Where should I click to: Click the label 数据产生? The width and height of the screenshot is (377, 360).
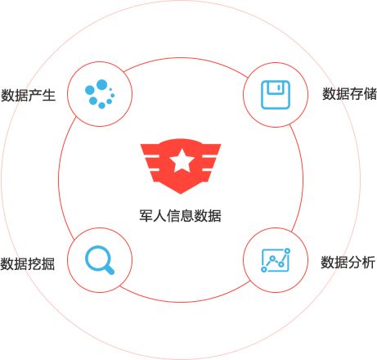(x=28, y=96)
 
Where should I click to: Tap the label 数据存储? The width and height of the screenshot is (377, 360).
(x=349, y=94)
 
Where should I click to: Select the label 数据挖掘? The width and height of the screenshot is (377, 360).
(x=28, y=263)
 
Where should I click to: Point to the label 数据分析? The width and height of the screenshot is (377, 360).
(x=348, y=263)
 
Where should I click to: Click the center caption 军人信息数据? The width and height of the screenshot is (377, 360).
(x=180, y=216)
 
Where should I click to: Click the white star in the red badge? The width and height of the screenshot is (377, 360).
(x=182, y=160)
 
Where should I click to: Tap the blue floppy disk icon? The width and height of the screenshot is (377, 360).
(x=276, y=95)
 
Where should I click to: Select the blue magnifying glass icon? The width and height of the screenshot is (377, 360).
(x=100, y=260)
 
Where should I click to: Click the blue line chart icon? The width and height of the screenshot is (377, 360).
(x=276, y=260)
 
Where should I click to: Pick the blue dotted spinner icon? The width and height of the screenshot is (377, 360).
(x=100, y=94)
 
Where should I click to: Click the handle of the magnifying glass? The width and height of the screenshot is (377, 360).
(x=109, y=269)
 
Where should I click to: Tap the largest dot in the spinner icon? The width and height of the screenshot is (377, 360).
(x=101, y=85)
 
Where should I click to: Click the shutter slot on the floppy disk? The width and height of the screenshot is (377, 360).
(x=279, y=88)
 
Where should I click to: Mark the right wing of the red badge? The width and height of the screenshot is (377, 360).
(x=210, y=162)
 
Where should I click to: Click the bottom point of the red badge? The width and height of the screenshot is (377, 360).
(x=181, y=194)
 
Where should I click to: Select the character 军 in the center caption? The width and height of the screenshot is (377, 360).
(x=146, y=216)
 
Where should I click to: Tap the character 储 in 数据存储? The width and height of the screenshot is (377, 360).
(x=370, y=94)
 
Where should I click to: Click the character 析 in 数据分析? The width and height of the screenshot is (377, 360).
(x=369, y=263)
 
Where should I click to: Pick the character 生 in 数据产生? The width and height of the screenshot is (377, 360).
(x=49, y=96)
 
